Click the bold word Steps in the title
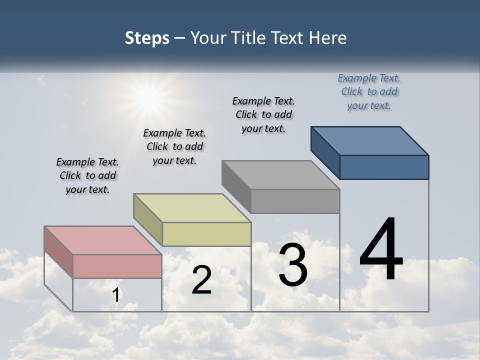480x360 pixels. (x=147, y=38)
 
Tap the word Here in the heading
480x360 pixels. (x=327, y=38)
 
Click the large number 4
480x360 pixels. (x=381, y=250)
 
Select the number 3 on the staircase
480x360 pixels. (x=293, y=265)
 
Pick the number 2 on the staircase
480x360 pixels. (x=201, y=280)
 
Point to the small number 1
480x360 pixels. (x=116, y=295)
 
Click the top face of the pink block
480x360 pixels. (x=102, y=240)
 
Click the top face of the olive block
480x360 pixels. (x=192, y=208)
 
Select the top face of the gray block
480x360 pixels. (x=280, y=175)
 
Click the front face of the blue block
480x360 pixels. (x=384, y=167)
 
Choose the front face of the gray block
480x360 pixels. (x=295, y=201)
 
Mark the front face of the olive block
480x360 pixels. (x=206, y=234)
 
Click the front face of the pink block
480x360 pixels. (x=117, y=266)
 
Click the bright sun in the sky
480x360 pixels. (x=148, y=98)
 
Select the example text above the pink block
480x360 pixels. (x=87, y=175)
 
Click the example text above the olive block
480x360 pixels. (x=174, y=146)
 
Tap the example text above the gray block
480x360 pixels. (x=263, y=114)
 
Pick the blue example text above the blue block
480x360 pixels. (x=369, y=91)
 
